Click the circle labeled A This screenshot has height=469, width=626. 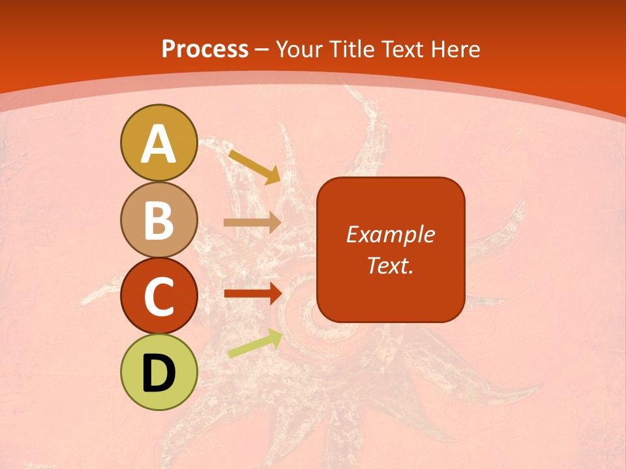pyautogui.click(x=158, y=143)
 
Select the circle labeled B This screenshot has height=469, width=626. pyautogui.click(x=158, y=220)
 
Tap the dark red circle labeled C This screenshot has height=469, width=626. pyautogui.click(x=158, y=296)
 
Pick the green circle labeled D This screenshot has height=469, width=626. pyautogui.click(x=158, y=372)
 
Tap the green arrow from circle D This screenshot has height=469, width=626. pyautogui.click(x=255, y=344)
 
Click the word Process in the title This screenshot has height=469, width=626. pyautogui.click(x=205, y=50)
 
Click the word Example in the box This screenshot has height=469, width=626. pyautogui.click(x=390, y=234)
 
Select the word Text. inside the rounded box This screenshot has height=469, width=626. pyautogui.click(x=390, y=265)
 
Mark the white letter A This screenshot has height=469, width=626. pyautogui.click(x=158, y=144)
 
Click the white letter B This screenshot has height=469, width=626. pyautogui.click(x=158, y=220)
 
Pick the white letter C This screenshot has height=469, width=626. pyautogui.click(x=158, y=297)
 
